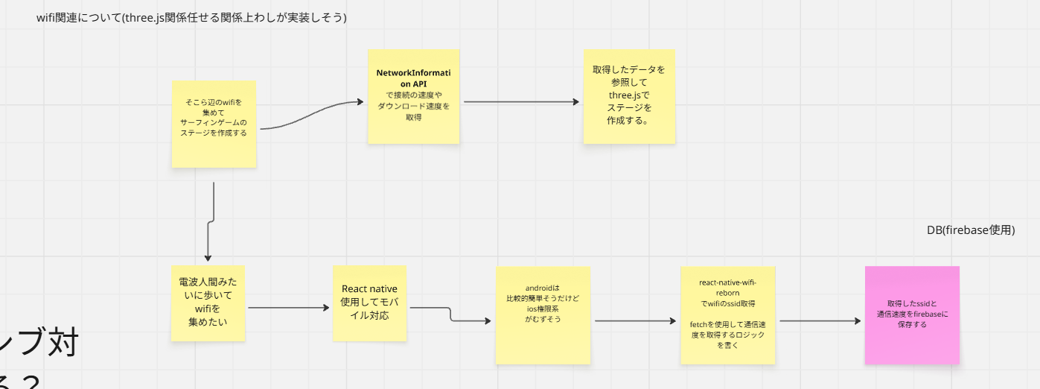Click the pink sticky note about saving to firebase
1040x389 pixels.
pyautogui.click(x=912, y=314)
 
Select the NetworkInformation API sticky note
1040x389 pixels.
pyautogui.click(x=413, y=96)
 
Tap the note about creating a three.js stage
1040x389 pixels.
pyautogui.click(x=629, y=96)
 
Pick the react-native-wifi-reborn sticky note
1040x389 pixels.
pyautogui.click(x=727, y=314)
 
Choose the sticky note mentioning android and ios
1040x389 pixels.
pyautogui.click(x=543, y=314)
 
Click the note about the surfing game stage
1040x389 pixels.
pyautogui.click(x=214, y=124)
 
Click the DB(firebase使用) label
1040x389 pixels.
pyautogui.click(x=971, y=230)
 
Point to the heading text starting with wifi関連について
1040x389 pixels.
pyautogui.click(x=191, y=17)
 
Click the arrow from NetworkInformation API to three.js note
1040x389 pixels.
pyautogui.click(x=521, y=101)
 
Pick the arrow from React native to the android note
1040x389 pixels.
pyautogui.click(x=451, y=315)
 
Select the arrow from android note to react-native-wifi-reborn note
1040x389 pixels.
pyautogui.click(x=637, y=321)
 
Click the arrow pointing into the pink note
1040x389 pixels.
pyautogui.click(x=820, y=321)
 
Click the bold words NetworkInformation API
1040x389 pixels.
pyautogui.click(x=413, y=78)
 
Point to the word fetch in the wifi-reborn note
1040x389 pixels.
pyautogui.click(x=701, y=325)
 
